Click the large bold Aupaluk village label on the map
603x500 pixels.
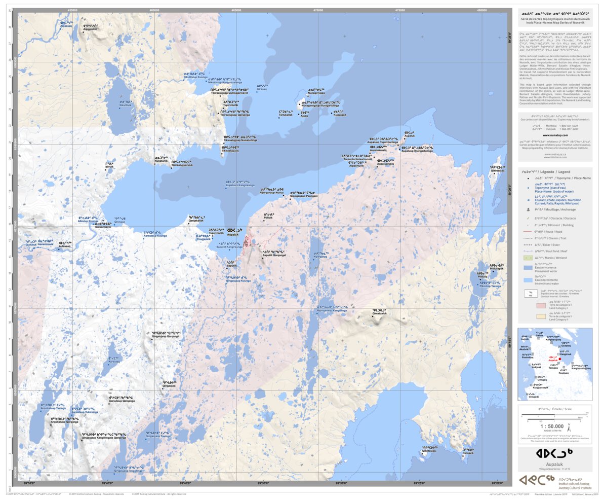(x=233, y=232)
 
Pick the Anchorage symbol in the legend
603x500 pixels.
(x=528, y=209)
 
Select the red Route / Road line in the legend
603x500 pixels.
(x=528, y=230)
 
